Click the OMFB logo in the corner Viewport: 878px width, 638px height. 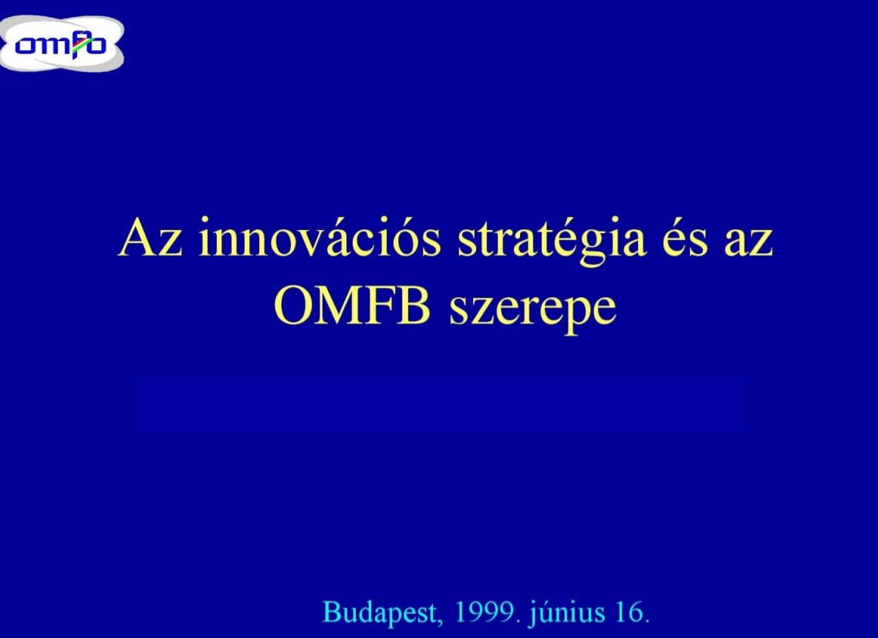(x=62, y=43)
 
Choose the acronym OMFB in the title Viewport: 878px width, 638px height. (x=352, y=307)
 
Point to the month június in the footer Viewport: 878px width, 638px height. (x=567, y=613)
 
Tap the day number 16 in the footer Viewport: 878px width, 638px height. (x=629, y=613)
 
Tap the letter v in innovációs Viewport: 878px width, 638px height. (x=313, y=245)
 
